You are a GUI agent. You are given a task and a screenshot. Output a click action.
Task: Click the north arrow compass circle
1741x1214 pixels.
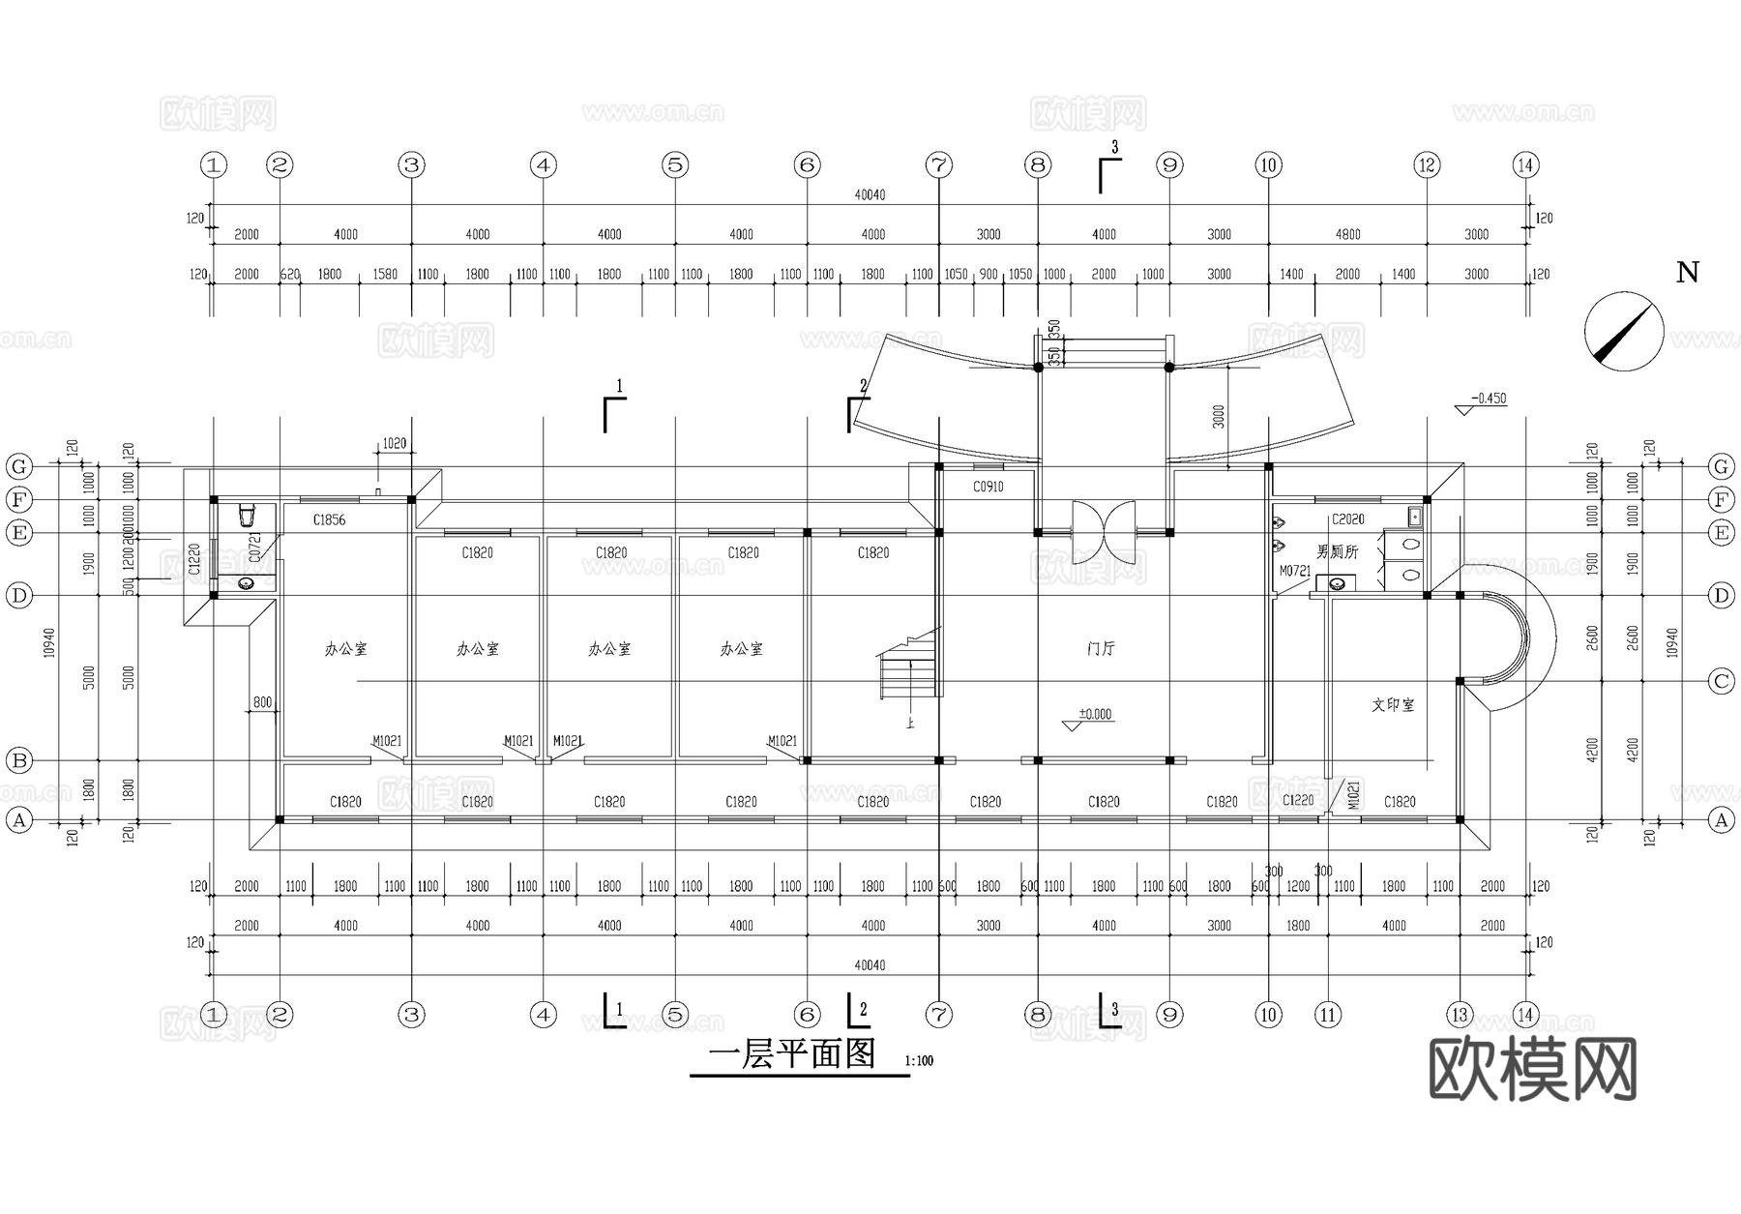tap(1624, 332)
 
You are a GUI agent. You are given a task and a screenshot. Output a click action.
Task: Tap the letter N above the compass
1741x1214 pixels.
tap(1687, 273)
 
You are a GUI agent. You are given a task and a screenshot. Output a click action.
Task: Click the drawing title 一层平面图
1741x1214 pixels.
tap(792, 1053)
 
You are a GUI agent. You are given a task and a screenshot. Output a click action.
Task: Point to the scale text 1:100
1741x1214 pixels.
tap(919, 1061)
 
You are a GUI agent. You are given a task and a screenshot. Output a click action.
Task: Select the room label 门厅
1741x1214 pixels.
tap(1101, 649)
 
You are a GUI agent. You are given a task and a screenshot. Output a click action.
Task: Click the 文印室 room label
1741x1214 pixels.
tap(1393, 705)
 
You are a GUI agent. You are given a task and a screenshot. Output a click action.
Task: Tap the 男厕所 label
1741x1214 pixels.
tap(1338, 551)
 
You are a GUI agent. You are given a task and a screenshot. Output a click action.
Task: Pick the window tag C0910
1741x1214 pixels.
tap(988, 488)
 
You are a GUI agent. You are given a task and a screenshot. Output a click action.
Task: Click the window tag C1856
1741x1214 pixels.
tap(329, 520)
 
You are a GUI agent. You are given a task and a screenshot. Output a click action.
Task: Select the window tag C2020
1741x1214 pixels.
tap(1347, 519)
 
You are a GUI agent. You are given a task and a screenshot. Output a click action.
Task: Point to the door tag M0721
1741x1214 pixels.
tap(1294, 572)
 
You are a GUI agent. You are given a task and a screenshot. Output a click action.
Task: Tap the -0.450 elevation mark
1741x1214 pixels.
tap(1489, 399)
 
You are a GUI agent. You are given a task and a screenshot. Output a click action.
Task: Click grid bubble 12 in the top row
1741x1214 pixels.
tap(1427, 165)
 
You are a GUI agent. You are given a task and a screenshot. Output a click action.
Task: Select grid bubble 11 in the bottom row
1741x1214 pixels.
tap(1328, 1015)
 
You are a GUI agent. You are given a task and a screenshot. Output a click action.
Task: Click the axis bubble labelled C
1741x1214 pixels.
tap(1721, 682)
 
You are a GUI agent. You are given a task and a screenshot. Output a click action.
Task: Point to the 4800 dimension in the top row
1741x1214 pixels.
tap(1347, 234)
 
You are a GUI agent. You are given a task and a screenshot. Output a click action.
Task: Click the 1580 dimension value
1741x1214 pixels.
tap(385, 275)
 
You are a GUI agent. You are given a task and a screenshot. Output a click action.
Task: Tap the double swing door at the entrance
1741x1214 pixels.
tap(1104, 531)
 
